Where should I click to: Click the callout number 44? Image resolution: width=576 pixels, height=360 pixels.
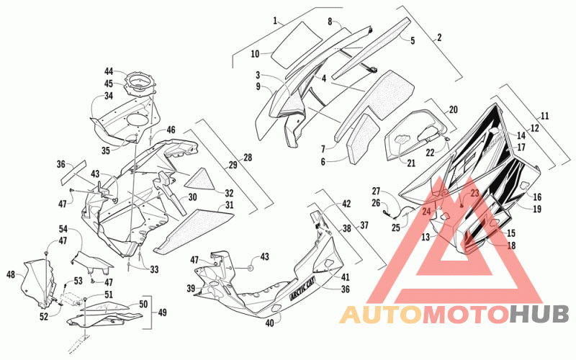[109, 71]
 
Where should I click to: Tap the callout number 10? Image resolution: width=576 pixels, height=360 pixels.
[256, 54]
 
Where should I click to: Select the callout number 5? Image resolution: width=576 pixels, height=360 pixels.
[413, 40]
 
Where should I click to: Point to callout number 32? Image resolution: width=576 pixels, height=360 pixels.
[229, 193]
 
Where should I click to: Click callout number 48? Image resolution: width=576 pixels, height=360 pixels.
[11, 274]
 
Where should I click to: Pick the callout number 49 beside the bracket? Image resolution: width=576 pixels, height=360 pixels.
[162, 312]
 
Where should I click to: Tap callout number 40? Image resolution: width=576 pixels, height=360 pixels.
[269, 323]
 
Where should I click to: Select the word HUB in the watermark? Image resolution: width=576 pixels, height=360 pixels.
[539, 315]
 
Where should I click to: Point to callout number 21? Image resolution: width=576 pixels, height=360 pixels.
[411, 163]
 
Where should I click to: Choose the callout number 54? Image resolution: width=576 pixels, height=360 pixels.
[63, 229]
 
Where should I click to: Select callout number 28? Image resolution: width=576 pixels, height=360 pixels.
[248, 158]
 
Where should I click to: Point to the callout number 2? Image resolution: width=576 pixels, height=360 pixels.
[439, 37]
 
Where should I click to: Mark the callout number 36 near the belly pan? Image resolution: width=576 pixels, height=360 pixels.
[346, 289]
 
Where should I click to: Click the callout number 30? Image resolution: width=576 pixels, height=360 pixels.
[192, 197]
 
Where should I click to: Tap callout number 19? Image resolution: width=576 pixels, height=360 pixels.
[537, 209]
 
